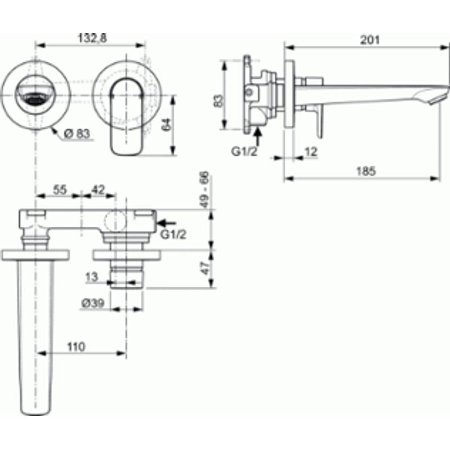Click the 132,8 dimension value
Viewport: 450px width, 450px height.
coord(92,38)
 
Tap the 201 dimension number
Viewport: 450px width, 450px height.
coord(370,40)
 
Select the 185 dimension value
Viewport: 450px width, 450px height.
coord(366,171)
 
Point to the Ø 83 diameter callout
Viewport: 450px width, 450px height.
coord(76,134)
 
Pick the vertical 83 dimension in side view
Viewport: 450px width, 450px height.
coord(219,101)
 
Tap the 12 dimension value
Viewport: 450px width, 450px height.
coord(311,152)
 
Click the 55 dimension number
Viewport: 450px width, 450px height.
coord(60,190)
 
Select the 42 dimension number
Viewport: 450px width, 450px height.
coord(98,190)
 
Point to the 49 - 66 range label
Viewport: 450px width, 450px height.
coord(204,189)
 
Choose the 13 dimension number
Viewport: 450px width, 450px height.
coord(91,277)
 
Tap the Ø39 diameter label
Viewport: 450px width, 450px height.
coord(93,303)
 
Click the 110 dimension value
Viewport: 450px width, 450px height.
coord(76,347)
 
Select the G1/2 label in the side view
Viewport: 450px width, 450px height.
coord(244,152)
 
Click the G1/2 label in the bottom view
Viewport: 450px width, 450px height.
coord(173,234)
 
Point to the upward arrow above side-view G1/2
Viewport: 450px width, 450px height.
coord(258,137)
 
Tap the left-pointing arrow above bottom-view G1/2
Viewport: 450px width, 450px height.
coord(166,222)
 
